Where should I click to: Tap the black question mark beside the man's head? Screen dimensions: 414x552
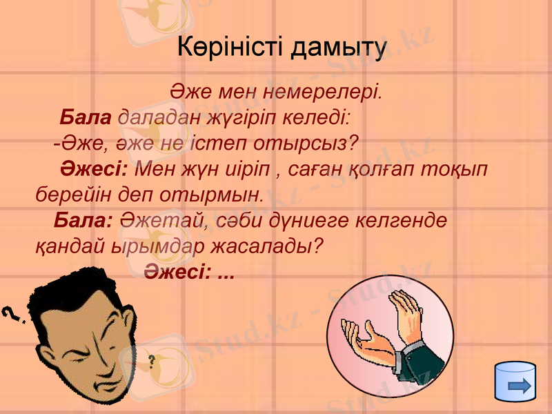point(11,317)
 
